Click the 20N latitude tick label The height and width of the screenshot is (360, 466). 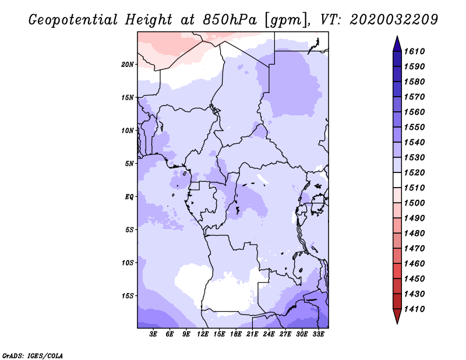tap(128, 65)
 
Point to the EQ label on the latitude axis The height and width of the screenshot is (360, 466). tap(129, 197)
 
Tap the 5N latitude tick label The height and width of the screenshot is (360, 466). tap(129, 164)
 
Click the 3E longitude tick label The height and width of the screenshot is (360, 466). tap(153, 334)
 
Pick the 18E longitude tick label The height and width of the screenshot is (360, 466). tap(236, 334)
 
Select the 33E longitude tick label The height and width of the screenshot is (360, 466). tap(318, 334)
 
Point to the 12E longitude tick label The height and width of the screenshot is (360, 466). tap(203, 334)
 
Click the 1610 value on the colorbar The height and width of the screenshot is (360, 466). tap(414, 51)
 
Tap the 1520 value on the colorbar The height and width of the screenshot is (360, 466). tap(414, 172)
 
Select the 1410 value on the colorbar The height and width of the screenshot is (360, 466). tap(414, 309)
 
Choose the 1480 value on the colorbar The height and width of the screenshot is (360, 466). tap(414, 234)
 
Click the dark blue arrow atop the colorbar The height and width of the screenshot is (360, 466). tap(397, 45)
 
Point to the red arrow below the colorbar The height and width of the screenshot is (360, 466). tap(397, 316)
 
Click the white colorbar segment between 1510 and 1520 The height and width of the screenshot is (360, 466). tap(397, 180)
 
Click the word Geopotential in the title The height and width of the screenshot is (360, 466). tap(73, 20)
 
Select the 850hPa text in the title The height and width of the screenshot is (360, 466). tap(230, 20)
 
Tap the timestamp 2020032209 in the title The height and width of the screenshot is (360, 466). tap(394, 20)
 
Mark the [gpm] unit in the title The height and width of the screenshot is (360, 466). tap(285, 20)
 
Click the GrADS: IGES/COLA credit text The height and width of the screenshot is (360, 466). tap(33, 355)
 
